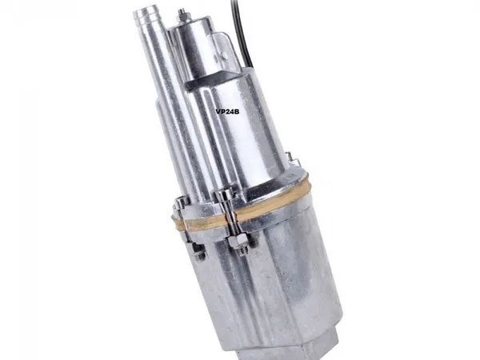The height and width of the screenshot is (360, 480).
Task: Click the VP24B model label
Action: (227, 112)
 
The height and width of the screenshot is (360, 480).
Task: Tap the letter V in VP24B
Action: (218, 112)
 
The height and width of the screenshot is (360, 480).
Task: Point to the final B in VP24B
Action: (237, 112)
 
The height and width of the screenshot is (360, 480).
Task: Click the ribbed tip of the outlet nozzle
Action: (145, 16)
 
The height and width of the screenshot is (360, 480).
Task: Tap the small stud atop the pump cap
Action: (182, 14)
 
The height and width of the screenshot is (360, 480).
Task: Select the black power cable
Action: (241, 33)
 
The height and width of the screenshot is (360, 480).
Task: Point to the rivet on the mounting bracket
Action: (224, 55)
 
